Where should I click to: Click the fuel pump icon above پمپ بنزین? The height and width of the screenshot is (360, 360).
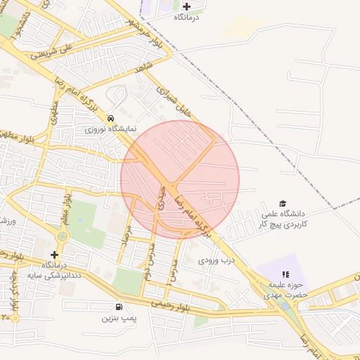[117, 307]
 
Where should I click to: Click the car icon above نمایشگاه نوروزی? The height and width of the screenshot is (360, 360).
[111, 118]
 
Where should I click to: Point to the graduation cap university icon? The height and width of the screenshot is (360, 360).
[283, 203]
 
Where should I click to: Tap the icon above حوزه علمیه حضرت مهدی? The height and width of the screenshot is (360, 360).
[285, 275]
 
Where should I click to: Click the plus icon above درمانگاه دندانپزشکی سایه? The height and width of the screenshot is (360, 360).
[54, 254]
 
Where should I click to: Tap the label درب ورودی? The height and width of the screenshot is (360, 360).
[214, 260]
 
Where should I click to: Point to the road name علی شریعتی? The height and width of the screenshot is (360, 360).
[57, 51]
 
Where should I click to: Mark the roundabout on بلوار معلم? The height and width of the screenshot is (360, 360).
[62, 236]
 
